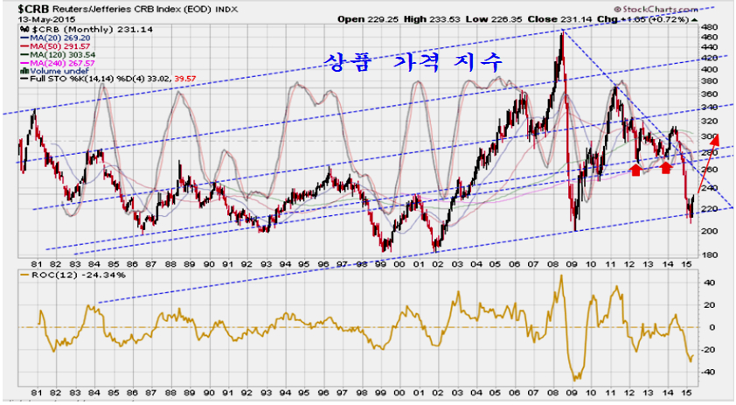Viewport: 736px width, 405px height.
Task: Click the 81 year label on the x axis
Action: pos(34,263)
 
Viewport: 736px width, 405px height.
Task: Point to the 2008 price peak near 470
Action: pos(560,32)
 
